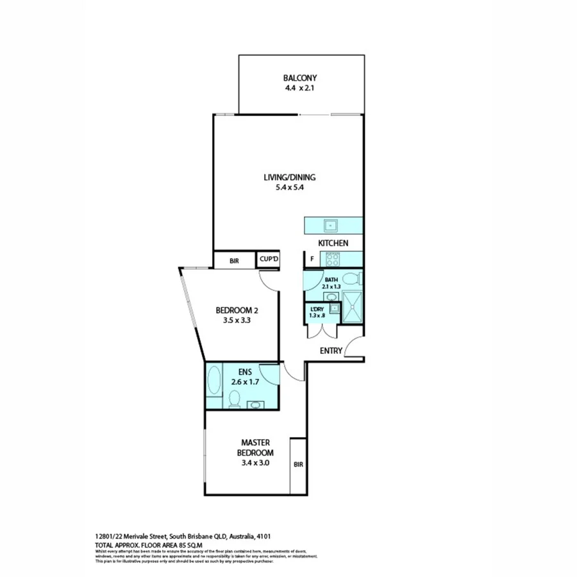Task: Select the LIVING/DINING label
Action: coord(290,178)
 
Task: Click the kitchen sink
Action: coord(331,225)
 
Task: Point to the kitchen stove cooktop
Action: coord(332,259)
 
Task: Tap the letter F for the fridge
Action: coord(312,259)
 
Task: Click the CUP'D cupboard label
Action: coord(268,259)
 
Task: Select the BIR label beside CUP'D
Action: coord(234,260)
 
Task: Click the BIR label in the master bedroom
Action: coord(298,465)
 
